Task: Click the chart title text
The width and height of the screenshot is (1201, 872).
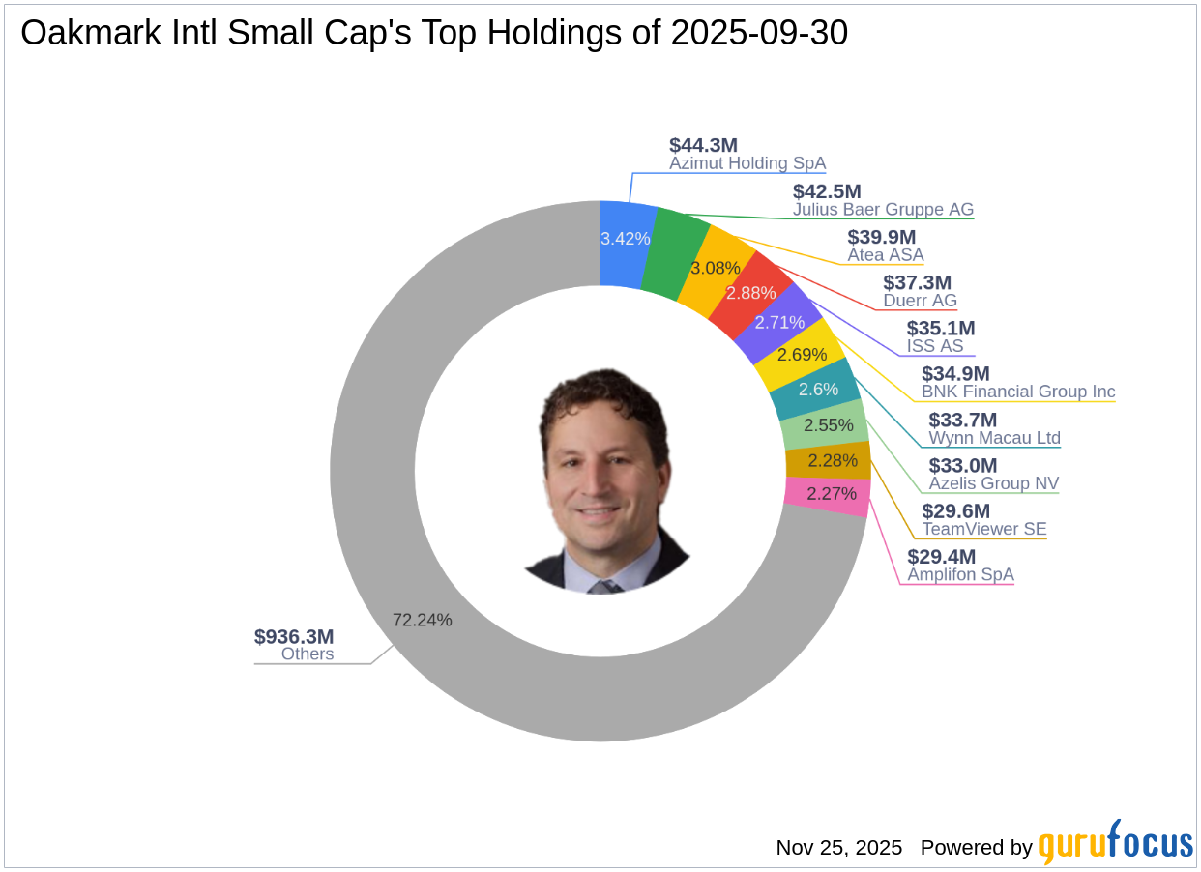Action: point(434,34)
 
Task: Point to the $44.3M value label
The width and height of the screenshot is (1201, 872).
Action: point(703,146)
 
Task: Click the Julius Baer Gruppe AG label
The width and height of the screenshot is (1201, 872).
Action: point(883,210)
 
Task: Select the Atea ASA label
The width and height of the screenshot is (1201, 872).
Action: point(886,255)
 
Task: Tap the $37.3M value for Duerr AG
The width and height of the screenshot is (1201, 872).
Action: point(917,282)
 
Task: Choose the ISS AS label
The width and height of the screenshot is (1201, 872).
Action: point(935,346)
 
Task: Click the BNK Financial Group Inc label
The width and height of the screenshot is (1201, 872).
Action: point(1018,392)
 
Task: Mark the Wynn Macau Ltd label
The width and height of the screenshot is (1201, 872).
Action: point(994,438)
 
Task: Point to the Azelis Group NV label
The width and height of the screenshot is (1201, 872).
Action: point(993,483)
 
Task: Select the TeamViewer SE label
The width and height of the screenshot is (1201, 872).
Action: point(984,529)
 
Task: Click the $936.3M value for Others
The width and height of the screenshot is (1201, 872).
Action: point(294,637)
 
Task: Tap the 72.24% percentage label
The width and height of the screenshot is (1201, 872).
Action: point(423,621)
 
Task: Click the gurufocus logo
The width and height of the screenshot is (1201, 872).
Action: point(1116,844)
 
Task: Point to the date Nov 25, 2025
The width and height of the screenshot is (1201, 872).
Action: point(839,848)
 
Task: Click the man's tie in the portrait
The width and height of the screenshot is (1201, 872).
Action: point(606,586)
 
